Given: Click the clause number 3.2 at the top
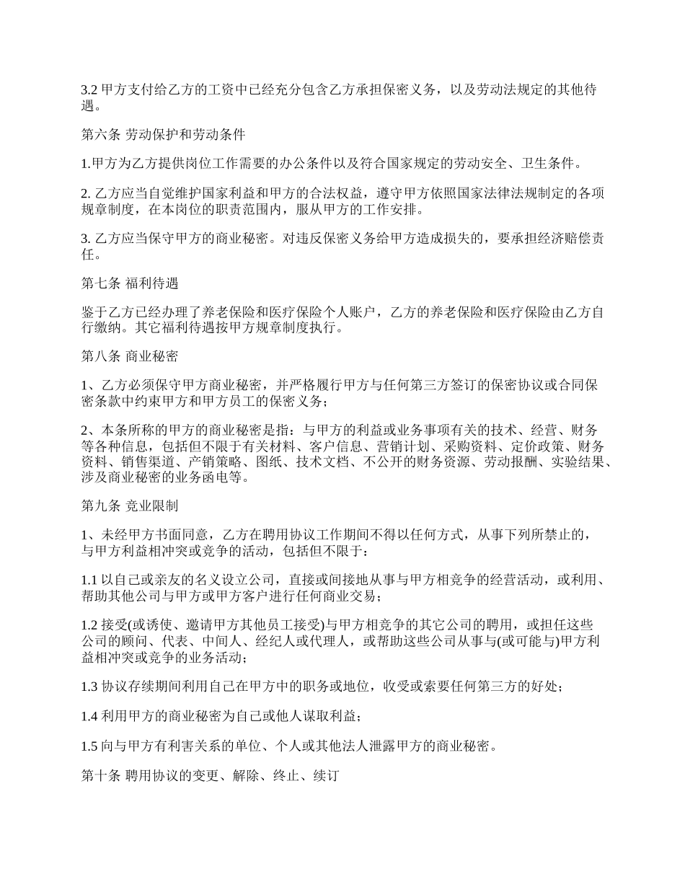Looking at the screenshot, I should click(x=89, y=89).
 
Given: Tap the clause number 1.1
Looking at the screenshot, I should click(x=89, y=580).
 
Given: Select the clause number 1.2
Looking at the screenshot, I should click(x=89, y=625).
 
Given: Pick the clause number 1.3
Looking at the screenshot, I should click(x=89, y=687).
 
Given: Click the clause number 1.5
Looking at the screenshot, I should click(x=89, y=746).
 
